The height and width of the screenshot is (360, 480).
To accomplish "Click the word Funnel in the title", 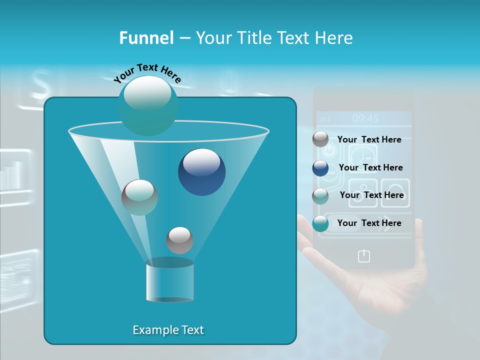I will point(146,38).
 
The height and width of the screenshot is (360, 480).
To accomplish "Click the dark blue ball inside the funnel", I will point(201,172).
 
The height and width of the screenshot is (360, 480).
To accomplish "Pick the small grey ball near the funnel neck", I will point(179,240).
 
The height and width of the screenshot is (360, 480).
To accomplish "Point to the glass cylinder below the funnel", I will point(169,281).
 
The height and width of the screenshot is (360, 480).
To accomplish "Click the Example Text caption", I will point(168,330).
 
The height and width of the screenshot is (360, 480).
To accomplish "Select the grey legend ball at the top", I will point(320,139).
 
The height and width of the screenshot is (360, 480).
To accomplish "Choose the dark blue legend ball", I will point(320,168).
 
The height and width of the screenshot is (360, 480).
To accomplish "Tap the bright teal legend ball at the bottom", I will point(320,223).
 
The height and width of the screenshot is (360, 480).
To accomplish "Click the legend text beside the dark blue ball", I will point(370,167).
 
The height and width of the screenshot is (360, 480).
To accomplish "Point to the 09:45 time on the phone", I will point(365,118).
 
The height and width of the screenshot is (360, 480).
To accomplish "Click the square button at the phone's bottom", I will point(364,256).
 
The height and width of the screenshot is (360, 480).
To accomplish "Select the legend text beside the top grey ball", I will point(369,139).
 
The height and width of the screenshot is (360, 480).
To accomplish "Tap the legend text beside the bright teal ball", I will point(369,223).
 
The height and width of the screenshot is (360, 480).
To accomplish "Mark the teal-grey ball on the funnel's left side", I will point(139,197).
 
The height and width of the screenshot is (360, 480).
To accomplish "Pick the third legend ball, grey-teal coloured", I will point(320,196).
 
